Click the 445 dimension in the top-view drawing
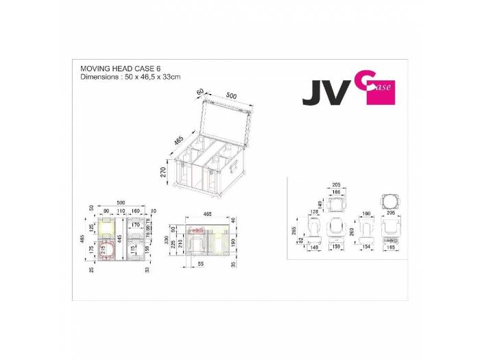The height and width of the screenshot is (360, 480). click(x=119, y=237)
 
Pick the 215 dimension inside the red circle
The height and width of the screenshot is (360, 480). click(x=104, y=250)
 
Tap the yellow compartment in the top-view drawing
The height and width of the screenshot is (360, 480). click(x=108, y=226)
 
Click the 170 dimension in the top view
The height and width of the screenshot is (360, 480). click(x=135, y=224)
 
